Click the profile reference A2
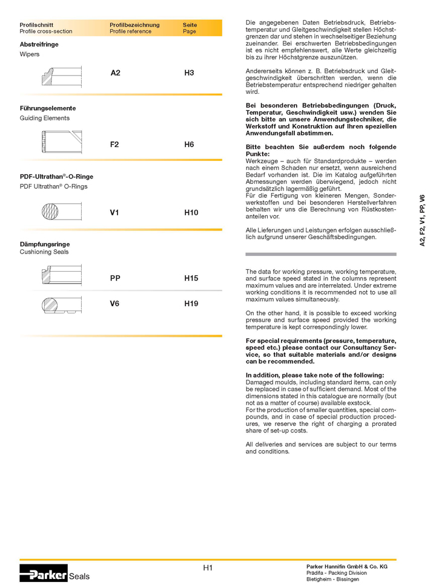116,73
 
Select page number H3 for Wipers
189,73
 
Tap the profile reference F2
115,145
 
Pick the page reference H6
189,145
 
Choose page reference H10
191,213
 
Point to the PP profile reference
116,279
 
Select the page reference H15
191,279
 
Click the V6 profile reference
115,303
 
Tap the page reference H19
191,303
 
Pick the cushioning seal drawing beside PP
61,275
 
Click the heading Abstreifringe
39,45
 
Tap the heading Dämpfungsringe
45,244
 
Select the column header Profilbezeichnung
134,25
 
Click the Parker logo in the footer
43,574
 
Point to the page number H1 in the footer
208,567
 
